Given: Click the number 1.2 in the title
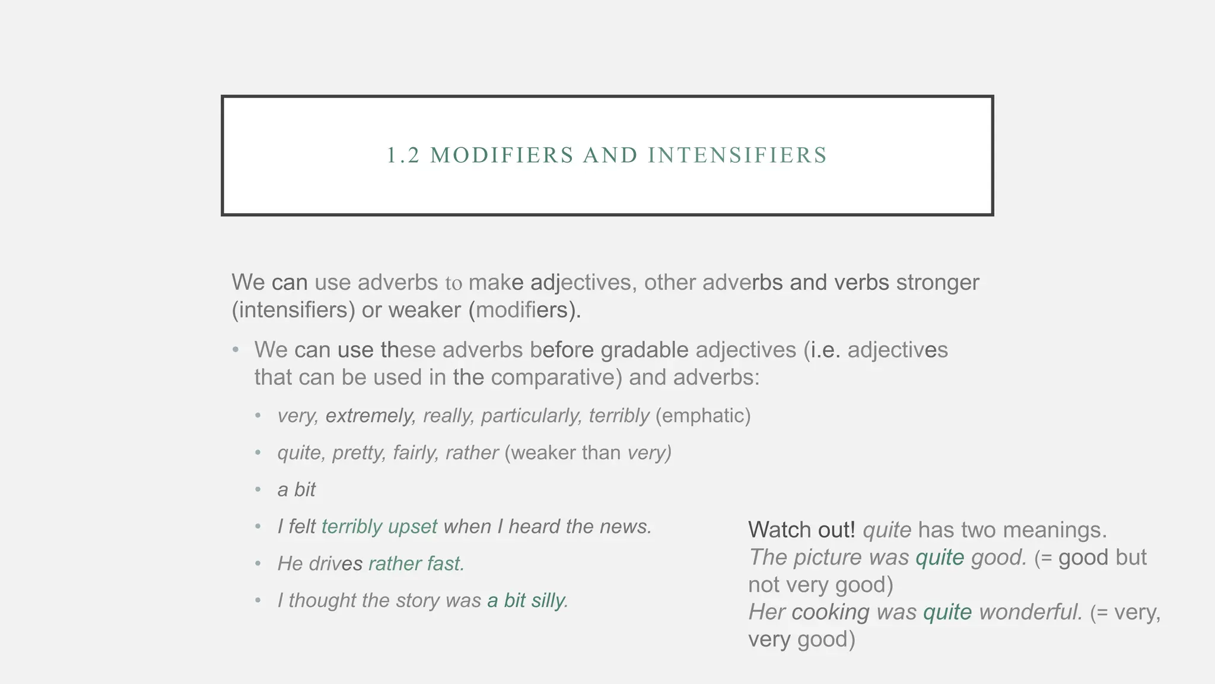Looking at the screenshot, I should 403,156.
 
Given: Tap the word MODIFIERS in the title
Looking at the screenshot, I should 502,156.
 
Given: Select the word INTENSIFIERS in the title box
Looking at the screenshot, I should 737,156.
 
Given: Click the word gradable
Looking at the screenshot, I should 644,350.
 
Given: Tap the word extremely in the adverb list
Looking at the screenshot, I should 370,416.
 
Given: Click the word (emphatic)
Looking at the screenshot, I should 703,416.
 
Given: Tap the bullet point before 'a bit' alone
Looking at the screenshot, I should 258,490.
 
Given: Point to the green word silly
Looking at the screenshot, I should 549,600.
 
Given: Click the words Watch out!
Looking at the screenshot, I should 801,530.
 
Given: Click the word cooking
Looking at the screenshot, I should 830,612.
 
